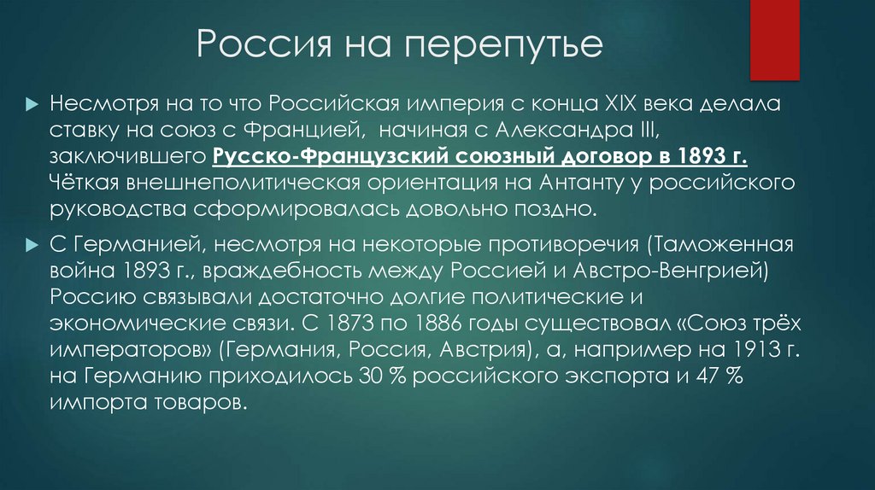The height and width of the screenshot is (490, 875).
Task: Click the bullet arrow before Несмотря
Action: click(x=32, y=104)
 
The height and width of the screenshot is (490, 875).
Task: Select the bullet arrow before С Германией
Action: click(x=32, y=245)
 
